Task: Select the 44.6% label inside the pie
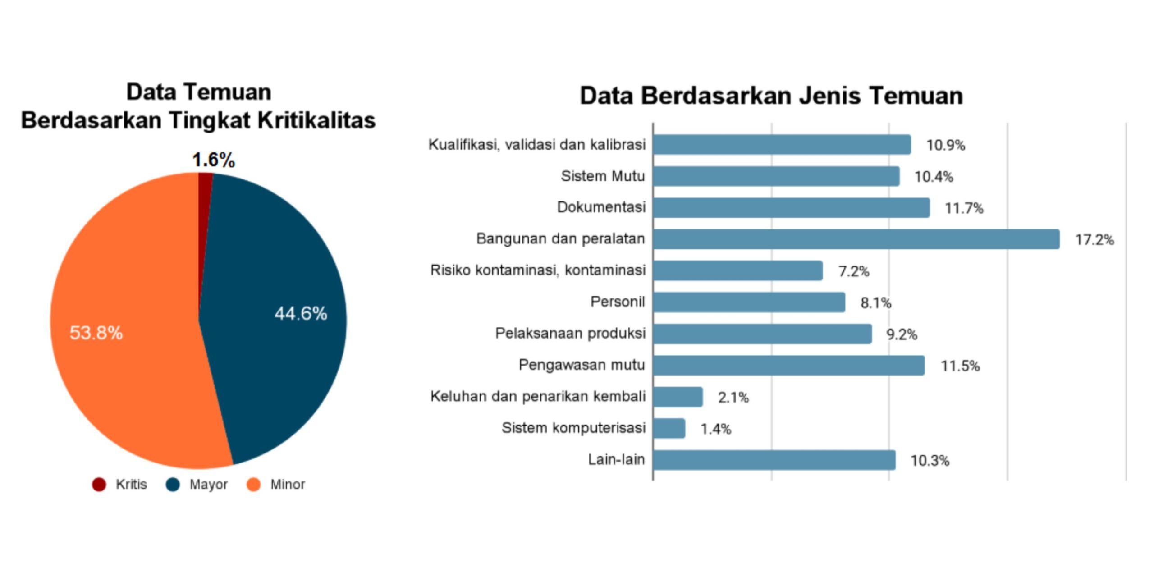tap(301, 314)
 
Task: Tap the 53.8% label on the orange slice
tap(96, 333)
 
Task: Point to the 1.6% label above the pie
tap(214, 160)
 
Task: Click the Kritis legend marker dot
tap(99, 485)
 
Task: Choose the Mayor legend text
tap(208, 485)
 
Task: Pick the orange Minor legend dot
tap(254, 485)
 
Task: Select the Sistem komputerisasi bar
tap(669, 428)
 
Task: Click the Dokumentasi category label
tap(601, 207)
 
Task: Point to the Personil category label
tap(618, 302)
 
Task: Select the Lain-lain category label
tap(616, 460)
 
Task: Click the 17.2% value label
tap(1094, 240)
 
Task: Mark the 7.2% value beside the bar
tap(853, 271)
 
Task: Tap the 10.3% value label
tap(930, 461)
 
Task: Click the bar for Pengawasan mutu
tap(789, 365)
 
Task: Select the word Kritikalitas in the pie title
tap(316, 121)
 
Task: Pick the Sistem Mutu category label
tap(603, 176)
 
